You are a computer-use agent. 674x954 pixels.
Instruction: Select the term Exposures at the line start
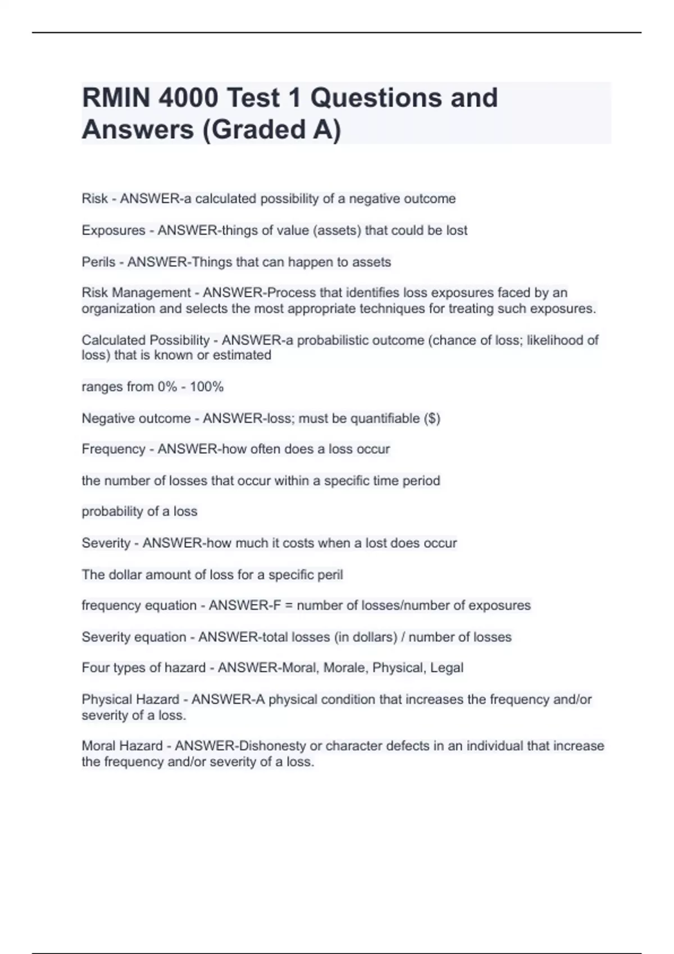[x=113, y=230]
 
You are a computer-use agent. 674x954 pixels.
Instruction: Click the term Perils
[x=98, y=262]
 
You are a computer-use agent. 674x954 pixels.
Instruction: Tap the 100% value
[x=207, y=387]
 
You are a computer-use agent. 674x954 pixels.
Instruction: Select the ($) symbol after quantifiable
[x=432, y=418]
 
